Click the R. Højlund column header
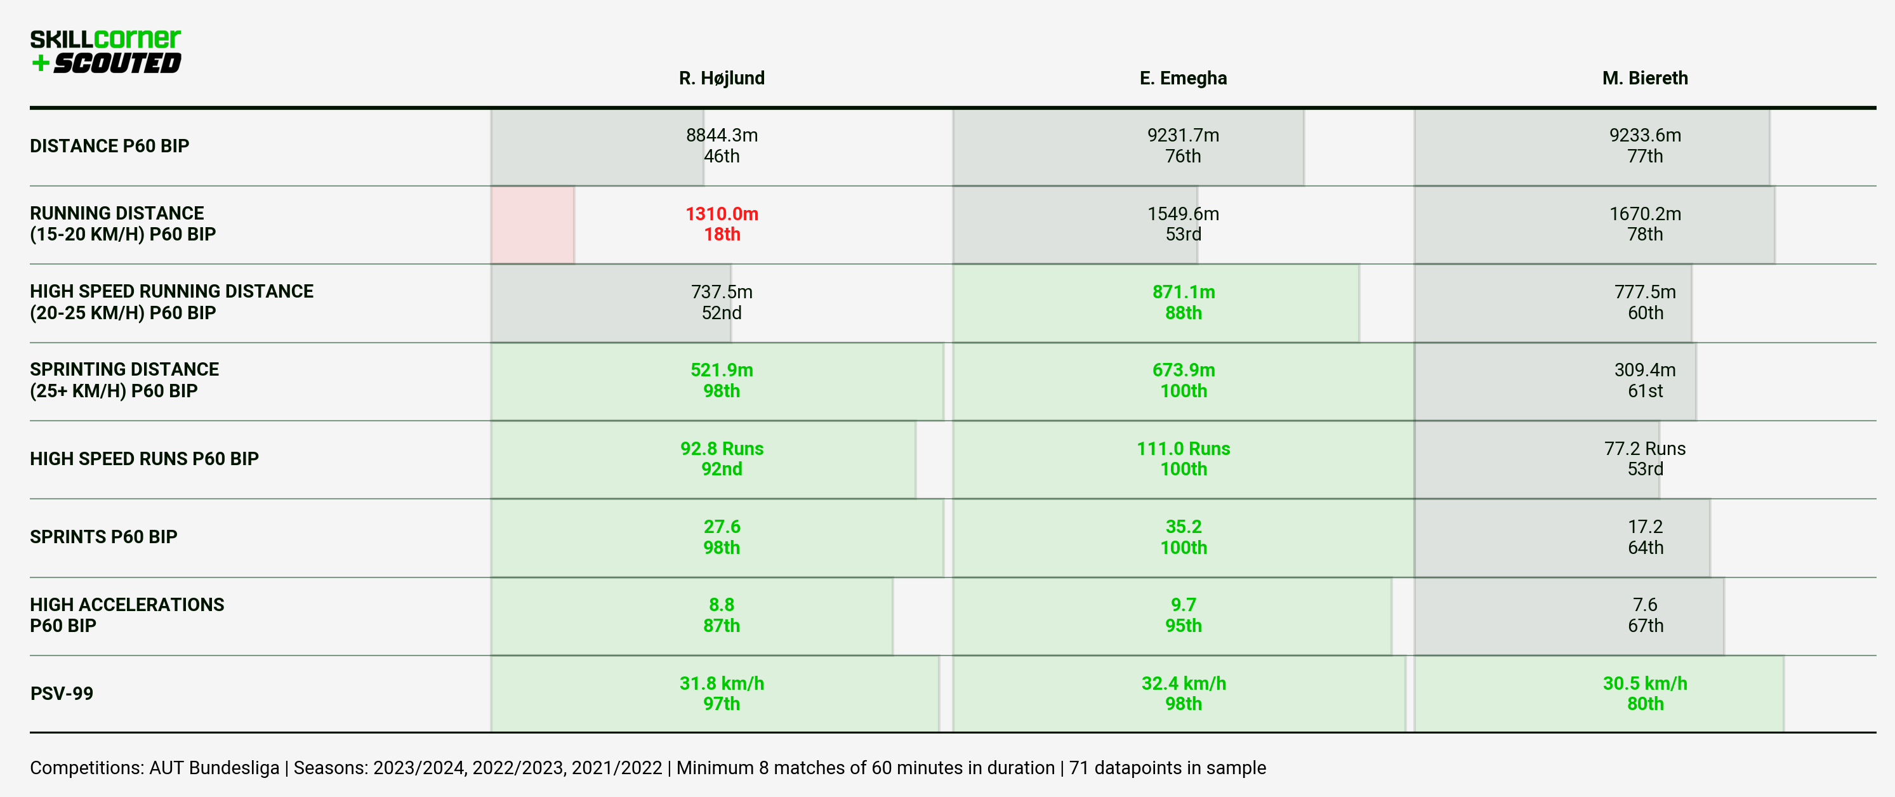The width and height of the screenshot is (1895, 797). click(722, 78)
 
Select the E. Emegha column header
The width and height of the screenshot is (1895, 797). click(1183, 78)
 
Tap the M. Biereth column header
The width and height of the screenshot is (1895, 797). click(1645, 78)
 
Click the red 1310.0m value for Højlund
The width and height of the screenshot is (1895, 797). click(722, 214)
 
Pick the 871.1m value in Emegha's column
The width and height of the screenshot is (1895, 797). click(1183, 292)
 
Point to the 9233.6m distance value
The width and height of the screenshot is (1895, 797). click(1645, 135)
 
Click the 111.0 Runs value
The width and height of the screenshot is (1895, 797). click(1183, 449)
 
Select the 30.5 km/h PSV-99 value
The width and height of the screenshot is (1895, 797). click(1645, 683)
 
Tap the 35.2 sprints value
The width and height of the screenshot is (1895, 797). click(1183, 527)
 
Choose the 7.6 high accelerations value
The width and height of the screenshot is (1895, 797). click(1645, 604)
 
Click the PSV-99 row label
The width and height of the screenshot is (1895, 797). click(62, 694)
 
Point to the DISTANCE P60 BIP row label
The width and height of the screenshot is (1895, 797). click(110, 145)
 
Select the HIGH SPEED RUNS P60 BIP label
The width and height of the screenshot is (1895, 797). click(144, 459)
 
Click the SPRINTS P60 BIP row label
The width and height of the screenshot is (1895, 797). click(103, 537)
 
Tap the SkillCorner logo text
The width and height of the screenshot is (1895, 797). click(105, 38)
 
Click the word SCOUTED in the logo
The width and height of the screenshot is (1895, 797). click(116, 63)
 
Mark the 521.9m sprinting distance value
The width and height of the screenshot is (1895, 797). click(722, 370)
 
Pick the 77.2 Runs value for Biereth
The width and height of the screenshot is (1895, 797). click(1645, 449)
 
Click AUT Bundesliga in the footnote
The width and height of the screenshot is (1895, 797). click(214, 768)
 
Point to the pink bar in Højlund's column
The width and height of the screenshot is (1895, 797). click(532, 224)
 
